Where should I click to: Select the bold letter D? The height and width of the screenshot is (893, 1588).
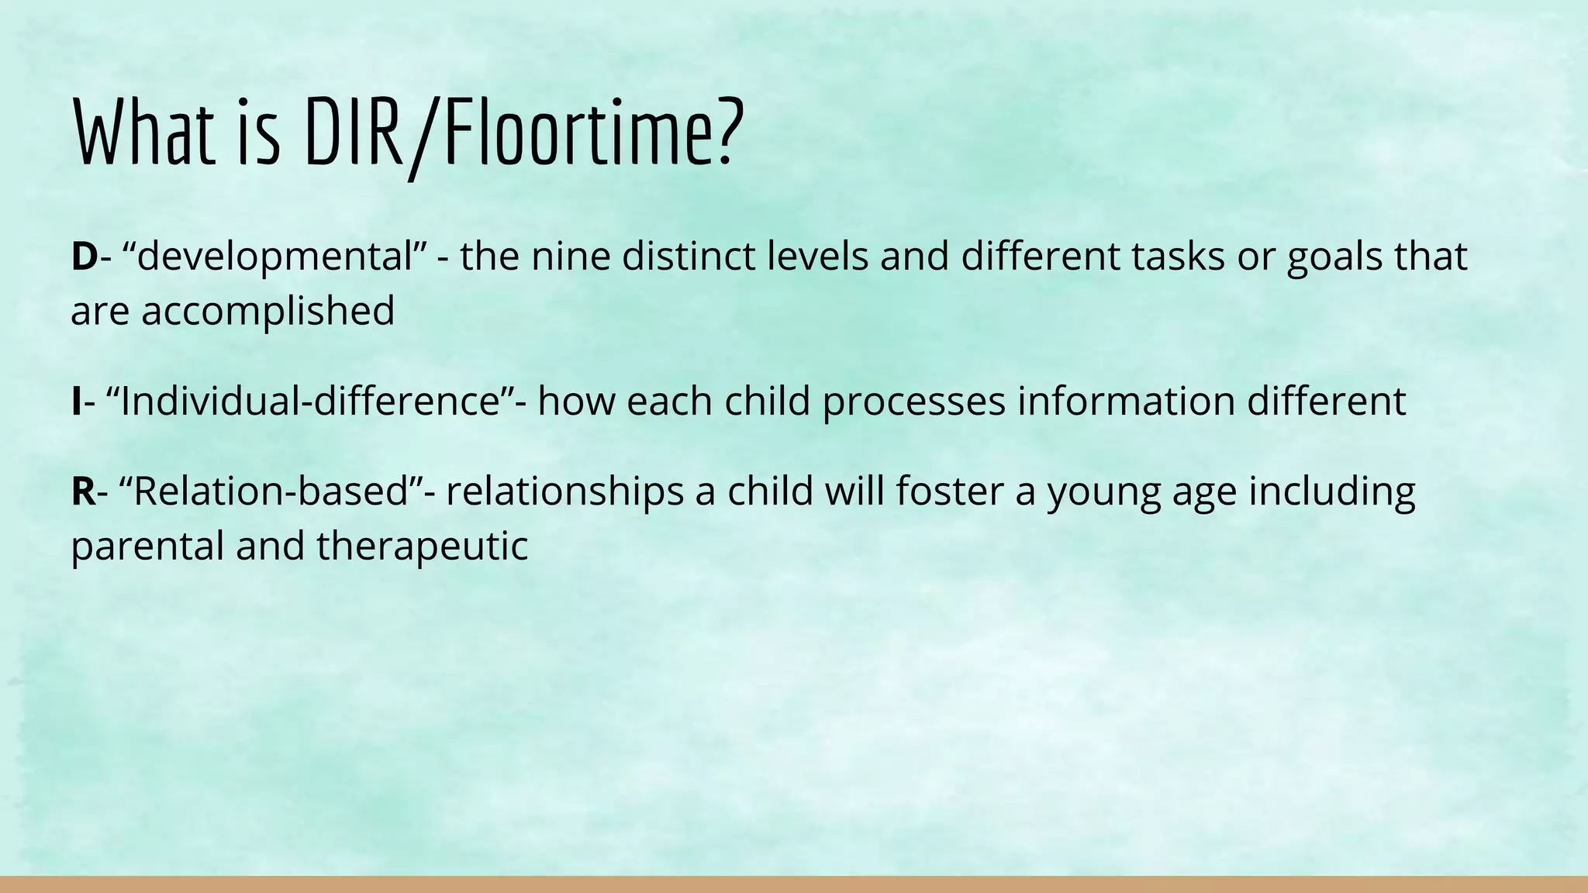tap(84, 257)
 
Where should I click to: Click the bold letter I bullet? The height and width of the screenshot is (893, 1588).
tap(76, 402)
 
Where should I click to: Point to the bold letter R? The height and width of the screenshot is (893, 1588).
tap(84, 491)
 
